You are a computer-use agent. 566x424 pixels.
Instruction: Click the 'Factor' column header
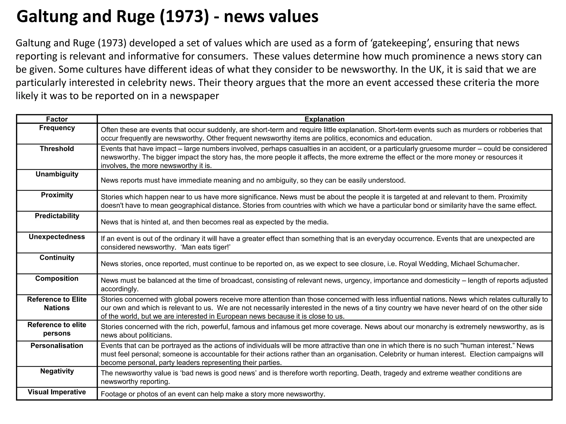coord(57,119)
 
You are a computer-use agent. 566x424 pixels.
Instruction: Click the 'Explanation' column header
coord(324,119)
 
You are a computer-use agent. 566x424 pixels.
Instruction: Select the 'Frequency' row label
coord(57,128)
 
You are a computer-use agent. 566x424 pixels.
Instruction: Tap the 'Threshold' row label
coord(57,149)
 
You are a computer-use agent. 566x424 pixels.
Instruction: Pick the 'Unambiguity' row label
coord(57,174)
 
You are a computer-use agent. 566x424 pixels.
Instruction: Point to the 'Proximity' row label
coord(57,195)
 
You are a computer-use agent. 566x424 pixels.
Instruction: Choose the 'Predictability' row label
coord(57,216)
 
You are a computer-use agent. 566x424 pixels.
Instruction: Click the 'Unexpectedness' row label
coord(57,237)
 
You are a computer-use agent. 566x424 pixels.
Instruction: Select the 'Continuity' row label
coord(57,258)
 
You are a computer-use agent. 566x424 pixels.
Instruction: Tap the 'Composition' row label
coord(57,279)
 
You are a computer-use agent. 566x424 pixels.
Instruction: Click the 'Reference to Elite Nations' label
coord(57,304)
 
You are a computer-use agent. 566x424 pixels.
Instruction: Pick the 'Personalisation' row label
coord(57,346)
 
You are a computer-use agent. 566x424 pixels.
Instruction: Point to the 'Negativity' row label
coord(57,371)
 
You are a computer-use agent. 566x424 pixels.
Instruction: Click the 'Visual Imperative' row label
coord(57,392)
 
